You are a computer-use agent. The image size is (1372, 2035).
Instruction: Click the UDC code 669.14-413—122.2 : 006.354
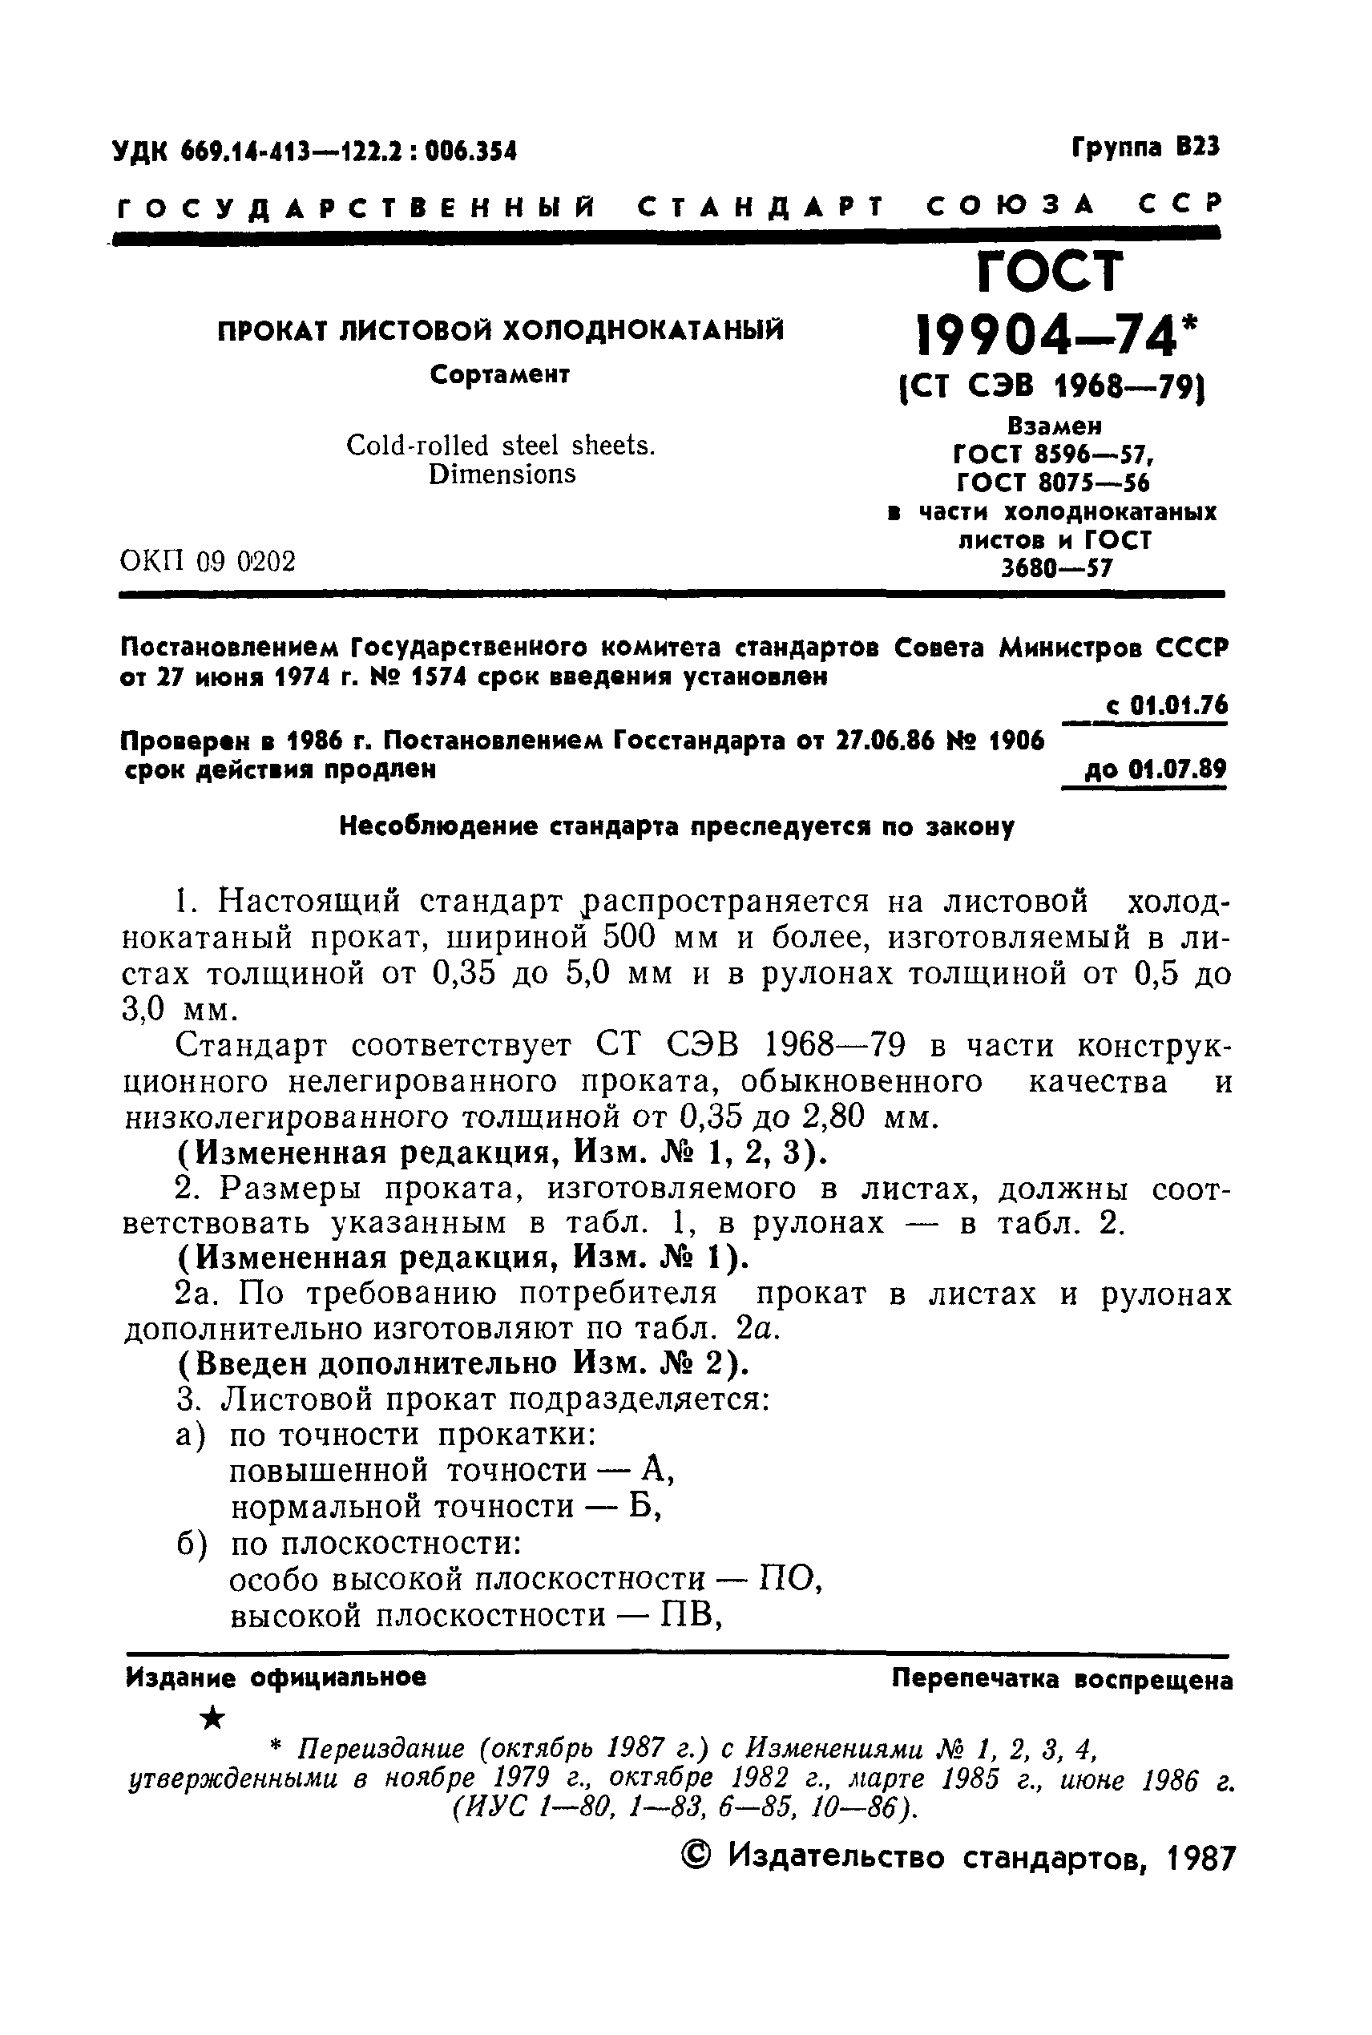(315, 152)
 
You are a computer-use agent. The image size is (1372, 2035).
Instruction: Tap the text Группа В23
(1145, 147)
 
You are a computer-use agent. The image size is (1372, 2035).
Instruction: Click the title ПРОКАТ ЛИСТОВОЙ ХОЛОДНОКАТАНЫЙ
(501, 331)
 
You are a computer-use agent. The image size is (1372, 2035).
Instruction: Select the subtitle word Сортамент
(501, 374)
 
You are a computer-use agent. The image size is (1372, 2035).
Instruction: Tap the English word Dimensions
(502, 474)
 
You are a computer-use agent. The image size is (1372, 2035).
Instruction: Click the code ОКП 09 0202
(208, 561)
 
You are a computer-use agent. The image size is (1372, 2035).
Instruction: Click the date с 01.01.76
(1166, 705)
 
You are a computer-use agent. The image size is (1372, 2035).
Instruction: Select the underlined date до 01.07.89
(1155, 770)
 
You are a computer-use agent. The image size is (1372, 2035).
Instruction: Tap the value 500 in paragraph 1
(629, 937)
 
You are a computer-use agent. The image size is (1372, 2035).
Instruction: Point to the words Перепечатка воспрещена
(1062, 1679)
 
